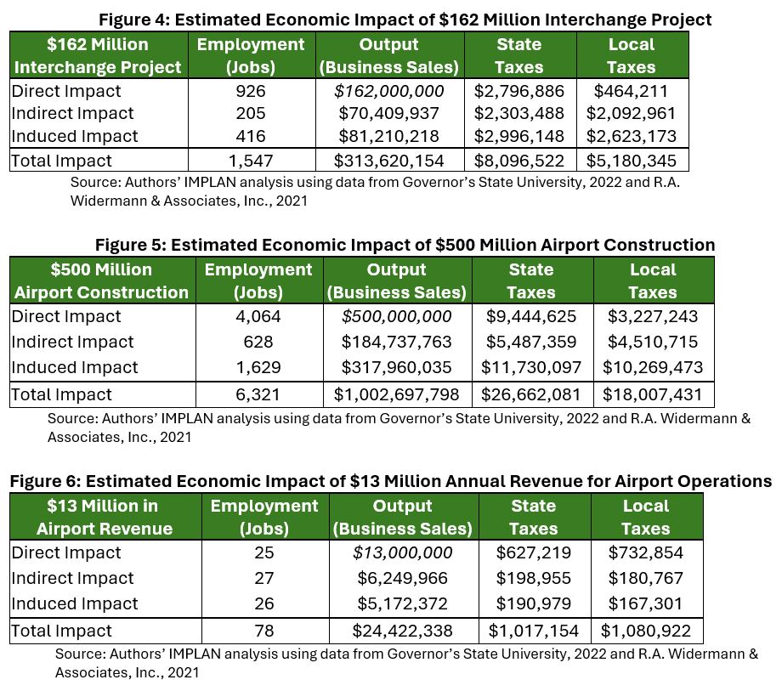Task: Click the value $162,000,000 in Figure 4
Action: [x=388, y=91]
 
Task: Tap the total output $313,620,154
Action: [x=388, y=160]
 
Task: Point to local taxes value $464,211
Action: [x=631, y=91]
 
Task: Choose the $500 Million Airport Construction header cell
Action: [x=101, y=281]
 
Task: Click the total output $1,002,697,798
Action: [x=396, y=394]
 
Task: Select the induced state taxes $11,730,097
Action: [x=531, y=367]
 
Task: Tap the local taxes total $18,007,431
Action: [x=653, y=394]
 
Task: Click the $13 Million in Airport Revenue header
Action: [x=104, y=518]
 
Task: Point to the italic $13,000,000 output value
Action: [x=402, y=552]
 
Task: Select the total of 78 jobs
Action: [x=264, y=631]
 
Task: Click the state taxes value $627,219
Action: [x=533, y=552]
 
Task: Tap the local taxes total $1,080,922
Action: [x=646, y=631]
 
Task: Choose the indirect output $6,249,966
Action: [x=402, y=578]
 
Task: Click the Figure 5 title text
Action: [x=405, y=245]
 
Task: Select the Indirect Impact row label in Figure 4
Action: [x=72, y=113]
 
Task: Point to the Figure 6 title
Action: [x=390, y=481]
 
